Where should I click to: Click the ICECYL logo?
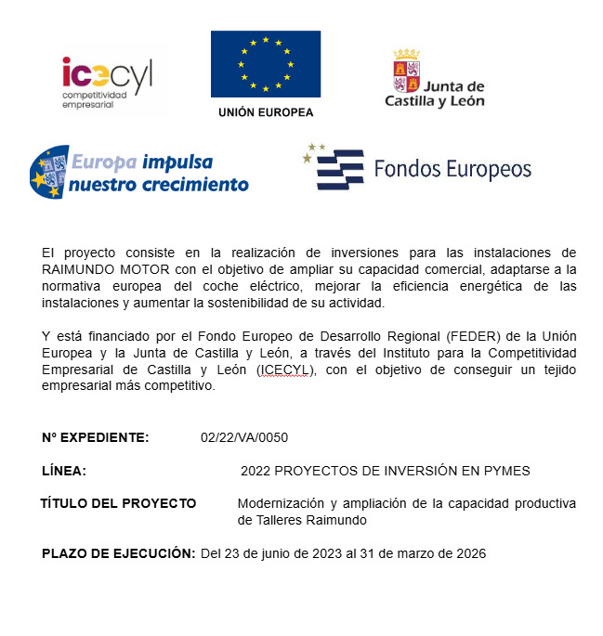(107, 82)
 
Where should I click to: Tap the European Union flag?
(265, 64)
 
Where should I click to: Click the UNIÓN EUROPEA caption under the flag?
(265, 112)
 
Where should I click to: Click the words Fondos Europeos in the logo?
(452, 169)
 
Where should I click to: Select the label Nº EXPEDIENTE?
(95, 437)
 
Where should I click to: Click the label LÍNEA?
(64, 471)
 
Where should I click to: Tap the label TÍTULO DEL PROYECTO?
(118, 503)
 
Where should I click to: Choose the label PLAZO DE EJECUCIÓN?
(118, 553)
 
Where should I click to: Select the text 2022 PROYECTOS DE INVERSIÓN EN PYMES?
(385, 471)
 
